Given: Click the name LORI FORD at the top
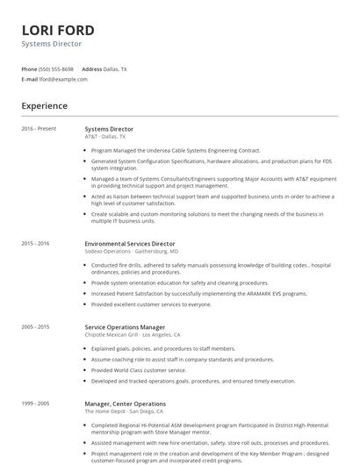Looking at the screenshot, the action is (58, 30).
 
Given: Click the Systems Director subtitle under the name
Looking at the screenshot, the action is (52, 43).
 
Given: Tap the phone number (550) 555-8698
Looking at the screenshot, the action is (56, 68).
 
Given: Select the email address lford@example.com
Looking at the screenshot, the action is (63, 79).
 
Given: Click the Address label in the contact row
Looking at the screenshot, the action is (91, 68).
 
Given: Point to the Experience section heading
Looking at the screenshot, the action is (45, 106).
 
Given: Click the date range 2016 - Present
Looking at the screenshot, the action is (39, 129).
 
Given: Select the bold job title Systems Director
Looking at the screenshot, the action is (109, 129).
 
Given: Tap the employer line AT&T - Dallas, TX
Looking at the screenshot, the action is (105, 137).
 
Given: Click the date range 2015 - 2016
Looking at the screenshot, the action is (35, 243).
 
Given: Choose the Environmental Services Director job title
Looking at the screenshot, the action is (130, 243).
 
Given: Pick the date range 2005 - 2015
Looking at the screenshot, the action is (35, 326).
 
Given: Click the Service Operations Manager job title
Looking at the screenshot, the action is (124, 326).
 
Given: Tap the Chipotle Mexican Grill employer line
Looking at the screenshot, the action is (133, 334).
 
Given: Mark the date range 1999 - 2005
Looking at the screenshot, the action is (35, 404).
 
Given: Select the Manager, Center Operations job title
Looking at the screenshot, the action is (125, 404).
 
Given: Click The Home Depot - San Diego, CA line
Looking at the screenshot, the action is (126, 411).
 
